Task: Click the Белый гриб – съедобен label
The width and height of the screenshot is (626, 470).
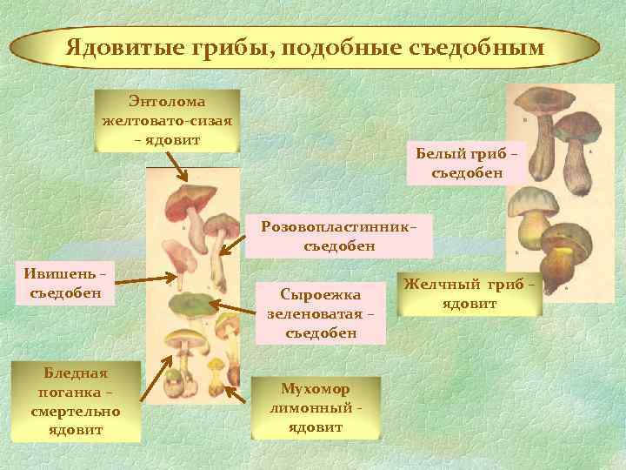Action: coord(469,163)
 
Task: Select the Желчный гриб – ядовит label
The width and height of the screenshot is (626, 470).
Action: coord(469,293)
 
